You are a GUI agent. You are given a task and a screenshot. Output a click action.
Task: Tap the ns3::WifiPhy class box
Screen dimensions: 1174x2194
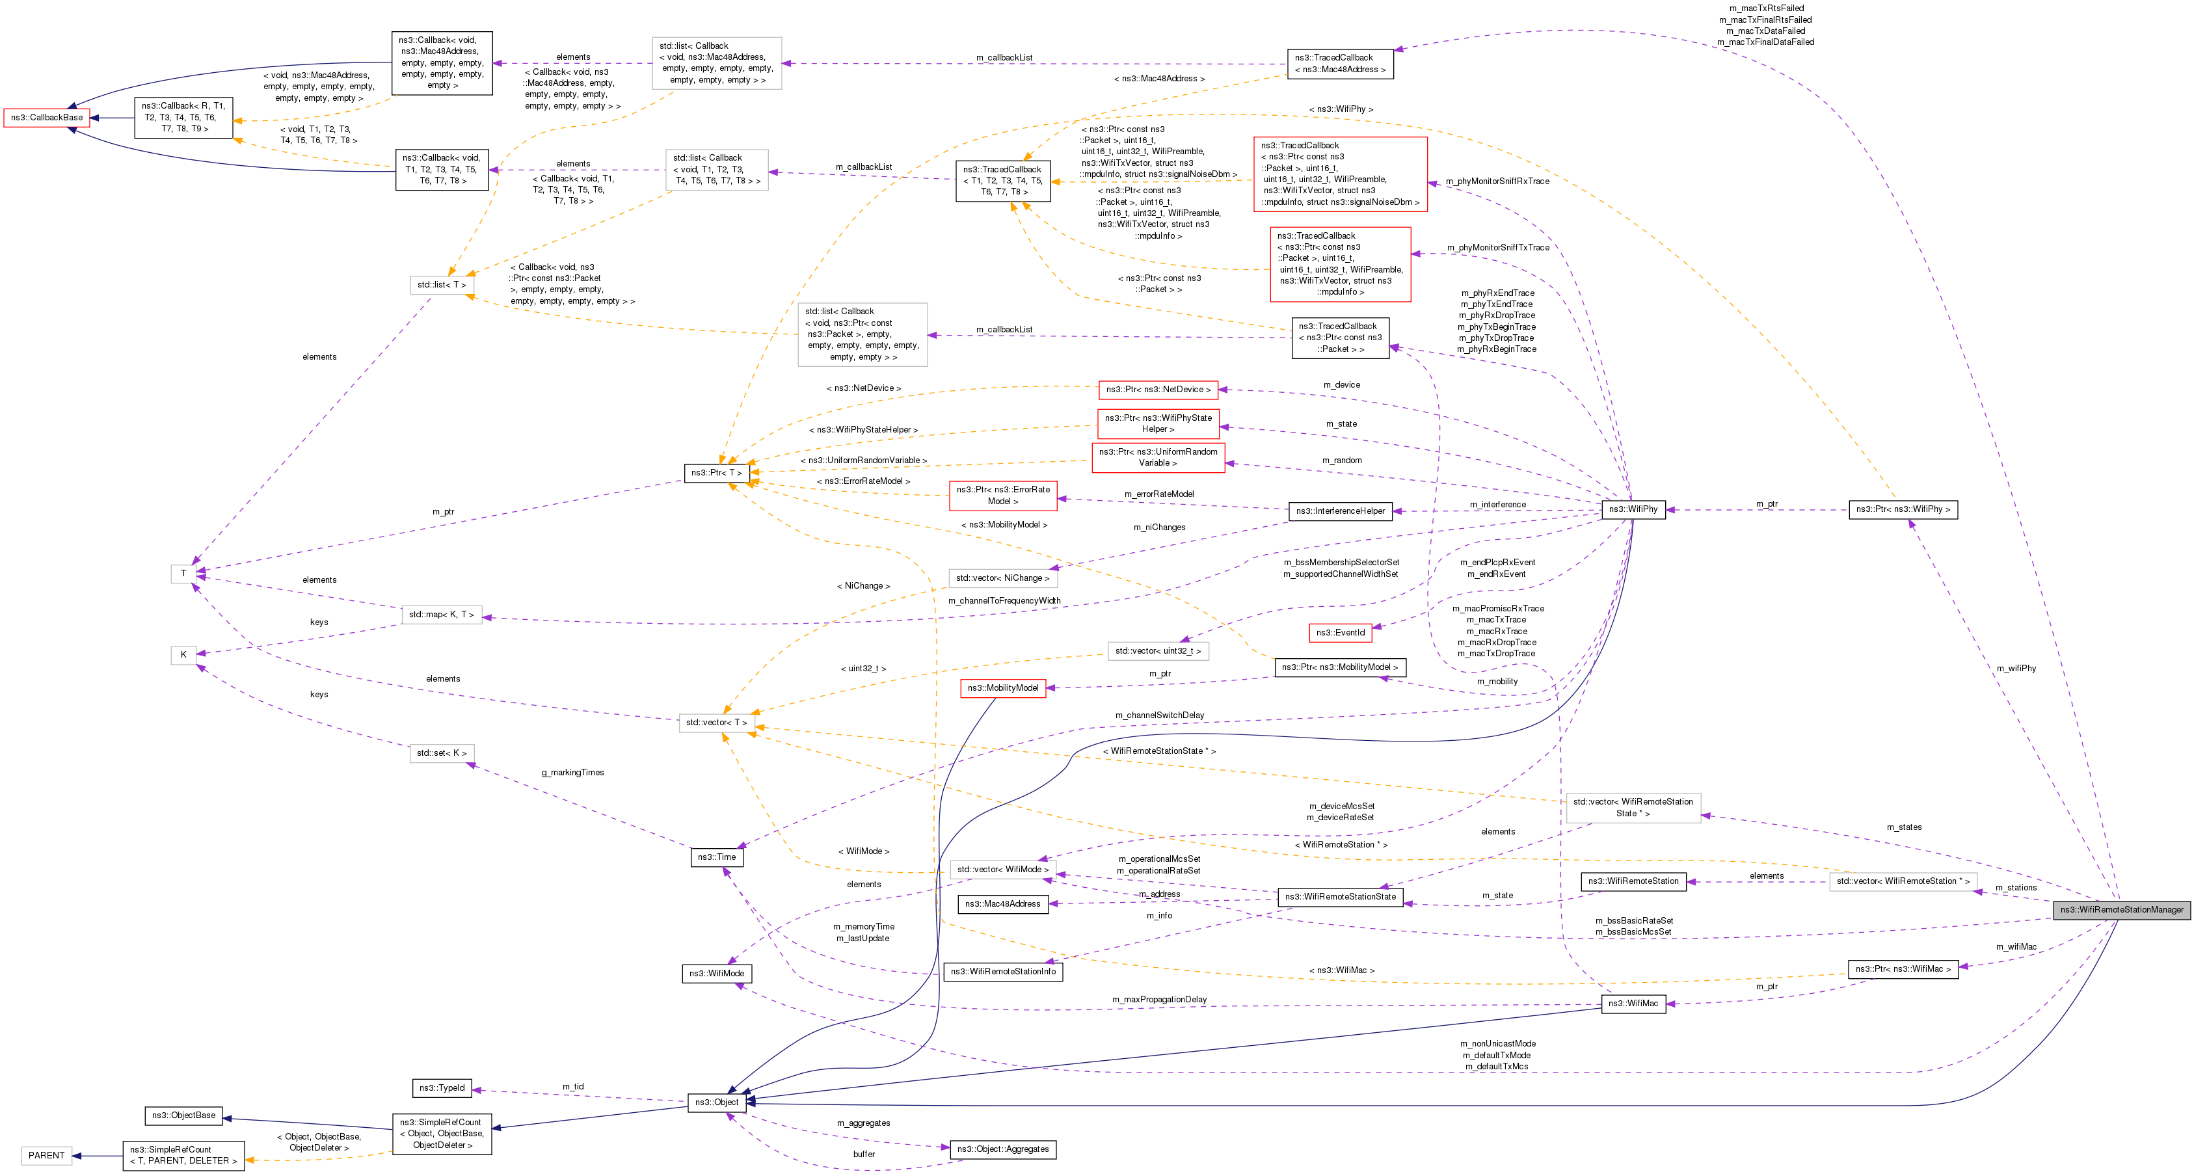tap(1633, 509)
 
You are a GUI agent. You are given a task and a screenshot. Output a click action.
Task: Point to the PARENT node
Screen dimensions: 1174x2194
tap(46, 1156)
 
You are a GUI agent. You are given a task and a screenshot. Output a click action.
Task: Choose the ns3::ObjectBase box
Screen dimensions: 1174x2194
tap(183, 1115)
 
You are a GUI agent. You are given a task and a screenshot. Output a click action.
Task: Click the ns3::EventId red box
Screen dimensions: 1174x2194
tap(1340, 633)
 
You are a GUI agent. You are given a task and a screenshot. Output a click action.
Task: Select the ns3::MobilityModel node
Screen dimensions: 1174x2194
tap(1002, 688)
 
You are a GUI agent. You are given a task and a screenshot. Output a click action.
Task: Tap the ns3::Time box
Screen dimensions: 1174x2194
tap(716, 857)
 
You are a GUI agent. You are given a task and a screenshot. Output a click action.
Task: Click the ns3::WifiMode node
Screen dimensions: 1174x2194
tap(716, 974)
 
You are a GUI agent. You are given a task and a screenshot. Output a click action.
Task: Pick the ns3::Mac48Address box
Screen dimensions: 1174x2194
tap(1002, 904)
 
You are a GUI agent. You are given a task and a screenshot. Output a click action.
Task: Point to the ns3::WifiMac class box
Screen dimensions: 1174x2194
tap(1633, 1004)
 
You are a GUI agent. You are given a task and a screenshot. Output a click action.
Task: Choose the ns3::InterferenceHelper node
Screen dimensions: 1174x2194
tap(1340, 511)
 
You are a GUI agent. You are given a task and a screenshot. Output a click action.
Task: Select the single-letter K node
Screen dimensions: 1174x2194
tap(183, 655)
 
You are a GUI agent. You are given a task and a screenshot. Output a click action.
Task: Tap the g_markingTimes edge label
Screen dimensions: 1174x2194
tap(572, 773)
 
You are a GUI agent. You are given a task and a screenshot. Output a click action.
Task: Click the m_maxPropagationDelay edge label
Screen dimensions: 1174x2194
tap(1158, 999)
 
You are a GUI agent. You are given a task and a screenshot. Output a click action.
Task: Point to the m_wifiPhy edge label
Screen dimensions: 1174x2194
tap(2016, 669)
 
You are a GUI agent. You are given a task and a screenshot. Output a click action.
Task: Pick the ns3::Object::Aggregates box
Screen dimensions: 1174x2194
tap(1002, 1149)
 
